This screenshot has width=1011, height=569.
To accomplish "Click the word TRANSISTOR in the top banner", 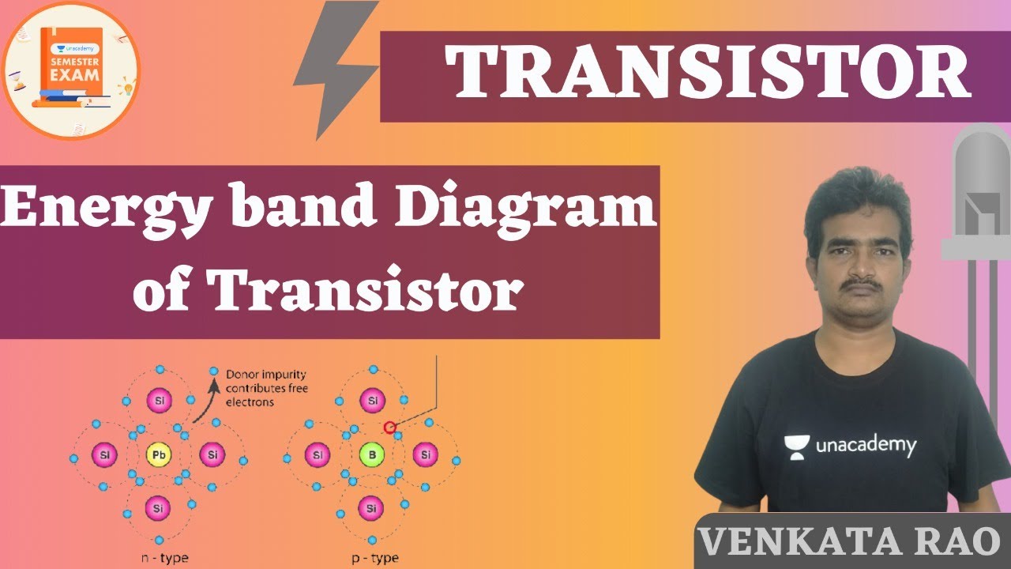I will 708,73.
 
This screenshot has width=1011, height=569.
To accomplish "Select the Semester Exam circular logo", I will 71,71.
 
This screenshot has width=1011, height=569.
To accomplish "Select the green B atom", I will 370,455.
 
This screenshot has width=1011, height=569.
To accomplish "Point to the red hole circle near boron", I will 389,428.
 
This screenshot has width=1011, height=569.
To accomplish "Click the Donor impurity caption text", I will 266,388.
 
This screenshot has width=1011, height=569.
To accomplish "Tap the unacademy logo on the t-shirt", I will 850,447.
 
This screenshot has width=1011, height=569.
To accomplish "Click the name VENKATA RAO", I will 849,541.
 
